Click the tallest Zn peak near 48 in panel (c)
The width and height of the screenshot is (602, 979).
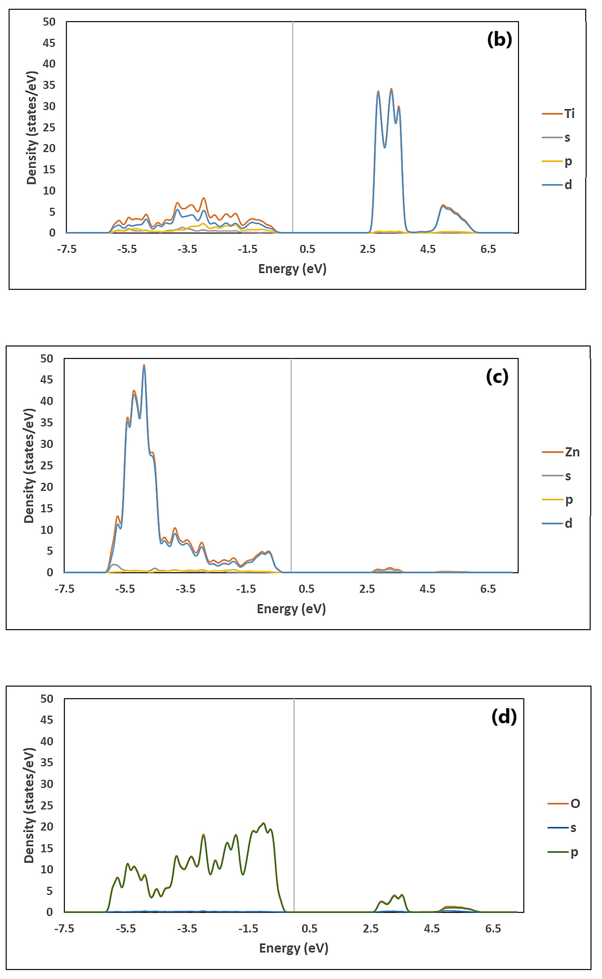click(x=144, y=365)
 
